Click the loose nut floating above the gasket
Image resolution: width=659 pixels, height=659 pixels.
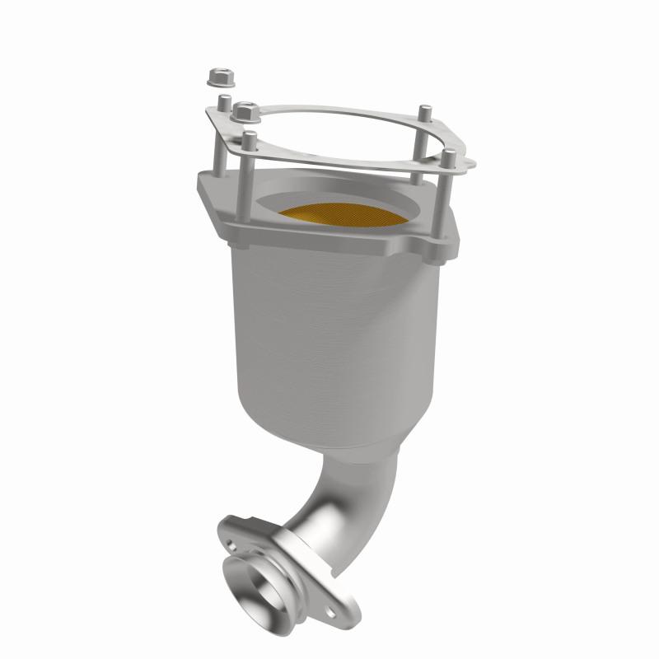pyautogui.click(x=219, y=76)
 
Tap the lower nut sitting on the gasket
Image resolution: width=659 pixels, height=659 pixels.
pyautogui.click(x=245, y=108)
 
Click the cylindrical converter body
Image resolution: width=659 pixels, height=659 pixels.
pyautogui.click(x=329, y=329)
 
